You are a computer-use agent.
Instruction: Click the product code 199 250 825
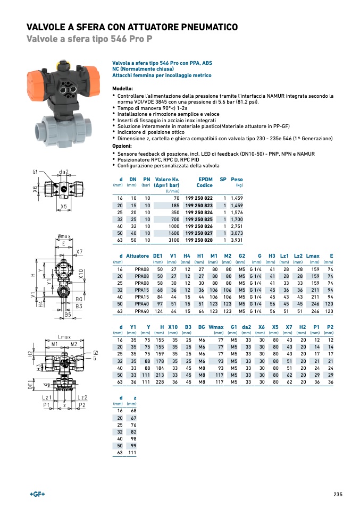pyautogui.click(x=199, y=219)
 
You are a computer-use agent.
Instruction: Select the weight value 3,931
pyautogui.click(x=236, y=240)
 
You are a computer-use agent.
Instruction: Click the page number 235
pyautogui.click(x=338, y=494)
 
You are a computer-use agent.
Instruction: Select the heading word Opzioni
pyautogui.click(x=122, y=145)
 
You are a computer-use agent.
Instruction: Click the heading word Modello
pyautogui.click(x=122, y=88)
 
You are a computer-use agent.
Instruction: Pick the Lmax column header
pyautogui.click(x=313, y=256)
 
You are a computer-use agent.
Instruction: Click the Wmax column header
pyautogui.click(x=216, y=327)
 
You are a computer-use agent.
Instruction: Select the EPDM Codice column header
pyautogui.click(x=205, y=182)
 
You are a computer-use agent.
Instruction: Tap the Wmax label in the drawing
pyautogui.click(x=65, y=235)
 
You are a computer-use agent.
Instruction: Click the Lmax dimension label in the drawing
pyautogui.click(x=65, y=338)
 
